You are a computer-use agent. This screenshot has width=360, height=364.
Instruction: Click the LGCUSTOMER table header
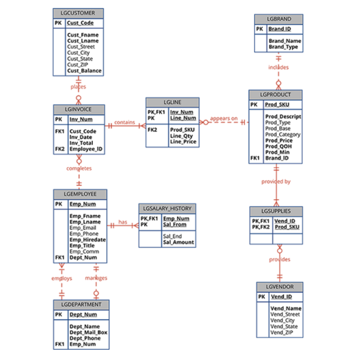point(78,12)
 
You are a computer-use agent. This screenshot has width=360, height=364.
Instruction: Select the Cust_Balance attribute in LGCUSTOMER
point(84,71)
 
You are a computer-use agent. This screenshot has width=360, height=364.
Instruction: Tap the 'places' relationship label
point(78,87)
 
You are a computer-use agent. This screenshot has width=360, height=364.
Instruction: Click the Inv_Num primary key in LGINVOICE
point(81,119)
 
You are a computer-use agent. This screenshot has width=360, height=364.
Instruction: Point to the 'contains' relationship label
point(125,122)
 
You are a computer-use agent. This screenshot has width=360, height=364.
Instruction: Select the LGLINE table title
point(172,101)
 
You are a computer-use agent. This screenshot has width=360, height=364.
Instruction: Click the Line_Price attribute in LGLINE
point(183,142)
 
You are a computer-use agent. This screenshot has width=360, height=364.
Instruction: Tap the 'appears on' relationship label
point(224,118)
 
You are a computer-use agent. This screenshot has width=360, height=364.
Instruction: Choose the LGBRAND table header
point(278,19)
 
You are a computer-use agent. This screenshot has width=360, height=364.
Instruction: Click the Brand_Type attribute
point(283,47)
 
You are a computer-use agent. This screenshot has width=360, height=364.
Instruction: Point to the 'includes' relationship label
point(278,67)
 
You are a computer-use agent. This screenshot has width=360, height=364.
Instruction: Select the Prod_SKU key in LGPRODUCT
point(278,105)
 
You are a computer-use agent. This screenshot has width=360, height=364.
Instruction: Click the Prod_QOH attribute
point(278,146)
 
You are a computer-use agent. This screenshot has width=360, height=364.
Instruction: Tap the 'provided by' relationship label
point(276,182)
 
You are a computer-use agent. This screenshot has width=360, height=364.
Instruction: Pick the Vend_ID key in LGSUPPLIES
point(284,221)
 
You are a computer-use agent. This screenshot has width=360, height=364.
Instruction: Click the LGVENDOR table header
point(279,286)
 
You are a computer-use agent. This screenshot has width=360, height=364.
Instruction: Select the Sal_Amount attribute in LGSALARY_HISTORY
point(178,242)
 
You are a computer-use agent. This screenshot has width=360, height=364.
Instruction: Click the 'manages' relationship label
point(96,278)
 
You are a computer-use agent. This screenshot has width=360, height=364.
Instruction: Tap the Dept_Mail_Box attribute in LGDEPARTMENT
point(88,332)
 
